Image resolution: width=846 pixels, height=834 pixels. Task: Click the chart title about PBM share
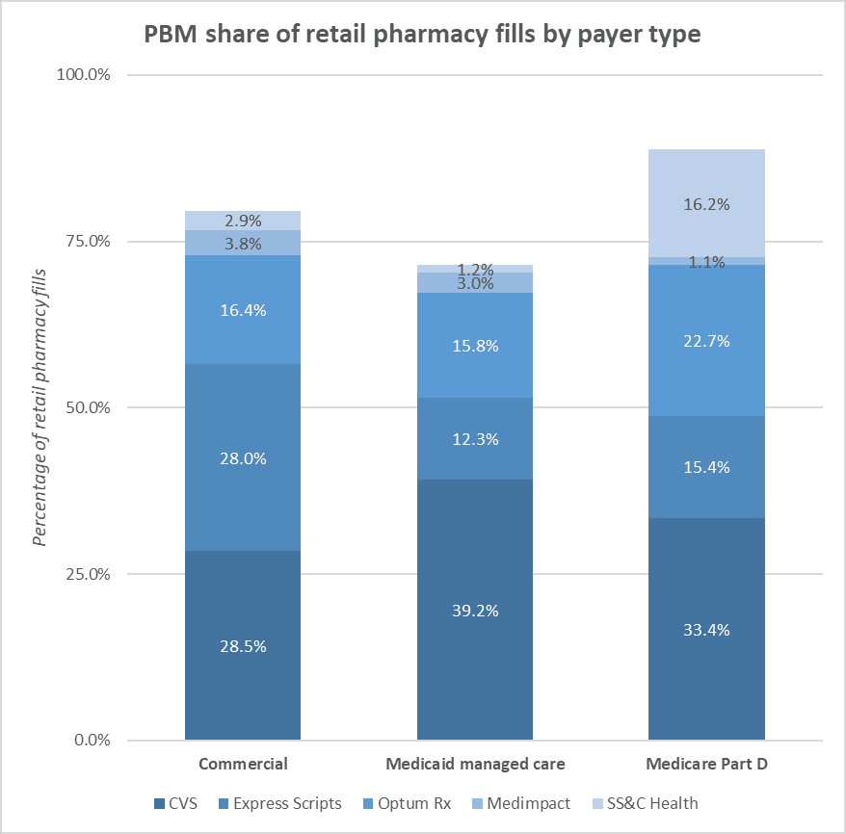(422, 35)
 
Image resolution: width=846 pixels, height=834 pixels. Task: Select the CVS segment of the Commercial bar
(243, 645)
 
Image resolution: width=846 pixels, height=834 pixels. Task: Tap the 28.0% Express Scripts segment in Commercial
(243, 457)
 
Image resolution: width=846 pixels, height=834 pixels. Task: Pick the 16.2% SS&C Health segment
(706, 203)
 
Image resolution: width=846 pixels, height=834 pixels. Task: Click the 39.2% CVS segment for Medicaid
(475, 610)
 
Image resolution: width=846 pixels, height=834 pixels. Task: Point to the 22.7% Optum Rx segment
(706, 340)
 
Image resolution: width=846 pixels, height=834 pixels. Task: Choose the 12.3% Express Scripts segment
(475, 438)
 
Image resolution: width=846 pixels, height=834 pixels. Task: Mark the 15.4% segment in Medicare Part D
(706, 467)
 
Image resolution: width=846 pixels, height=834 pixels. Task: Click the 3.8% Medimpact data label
(243, 244)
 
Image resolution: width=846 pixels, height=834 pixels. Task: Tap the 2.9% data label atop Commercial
(243, 221)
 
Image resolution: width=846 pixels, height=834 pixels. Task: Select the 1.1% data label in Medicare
(706, 261)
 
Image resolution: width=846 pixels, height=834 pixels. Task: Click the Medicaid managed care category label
(475, 765)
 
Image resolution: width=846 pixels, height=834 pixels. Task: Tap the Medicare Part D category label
(706, 765)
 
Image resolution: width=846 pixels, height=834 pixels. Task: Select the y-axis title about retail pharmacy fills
(41, 408)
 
